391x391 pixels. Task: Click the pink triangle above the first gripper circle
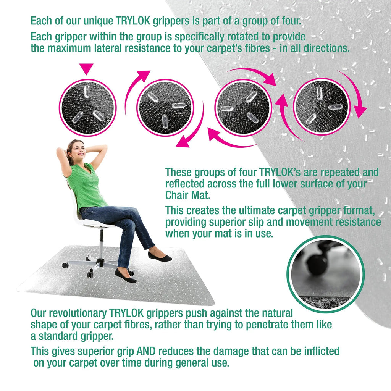(x=86, y=68)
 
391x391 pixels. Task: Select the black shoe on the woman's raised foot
(x=160, y=256)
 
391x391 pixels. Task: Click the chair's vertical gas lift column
(x=102, y=244)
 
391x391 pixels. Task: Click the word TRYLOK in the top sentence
(x=133, y=21)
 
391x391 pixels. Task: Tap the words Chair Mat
(x=188, y=195)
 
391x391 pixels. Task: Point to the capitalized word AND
(x=146, y=351)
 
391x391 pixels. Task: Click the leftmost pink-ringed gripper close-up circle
(x=87, y=108)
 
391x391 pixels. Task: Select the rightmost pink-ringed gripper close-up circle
(x=322, y=107)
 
